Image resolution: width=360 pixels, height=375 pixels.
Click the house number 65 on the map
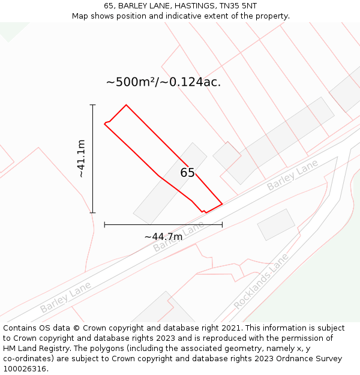tap(187, 173)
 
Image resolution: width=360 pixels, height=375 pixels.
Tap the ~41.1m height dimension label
tap(82, 158)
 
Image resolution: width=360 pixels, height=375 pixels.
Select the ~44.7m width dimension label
tap(163, 236)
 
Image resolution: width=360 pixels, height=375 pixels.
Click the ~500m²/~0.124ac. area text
tap(163, 82)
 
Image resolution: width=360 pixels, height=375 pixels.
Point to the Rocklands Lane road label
tap(261, 281)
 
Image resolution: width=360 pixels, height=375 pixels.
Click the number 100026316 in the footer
tap(25, 369)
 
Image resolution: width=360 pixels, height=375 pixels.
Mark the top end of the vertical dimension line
tap(93, 105)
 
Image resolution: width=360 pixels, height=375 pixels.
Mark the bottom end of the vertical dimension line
tap(93, 212)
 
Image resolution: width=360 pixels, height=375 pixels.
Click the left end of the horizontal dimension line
tap(104, 224)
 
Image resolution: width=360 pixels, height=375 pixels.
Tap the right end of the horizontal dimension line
tap(222, 224)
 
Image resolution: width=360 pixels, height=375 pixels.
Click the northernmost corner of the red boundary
tap(126, 105)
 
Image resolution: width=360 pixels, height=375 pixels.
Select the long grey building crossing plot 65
tap(170, 183)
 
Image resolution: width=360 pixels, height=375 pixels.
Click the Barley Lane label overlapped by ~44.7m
tap(178, 238)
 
